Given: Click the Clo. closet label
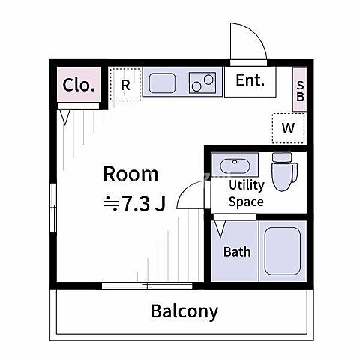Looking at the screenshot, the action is click(79, 85).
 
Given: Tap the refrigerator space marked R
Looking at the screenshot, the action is click(125, 85).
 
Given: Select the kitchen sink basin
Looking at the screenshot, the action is click(162, 82).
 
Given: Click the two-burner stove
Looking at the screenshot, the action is click(202, 82).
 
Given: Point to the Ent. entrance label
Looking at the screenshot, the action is click(250, 80).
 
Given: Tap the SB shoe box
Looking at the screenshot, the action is click(300, 89).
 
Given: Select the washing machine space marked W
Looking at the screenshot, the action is click(289, 128).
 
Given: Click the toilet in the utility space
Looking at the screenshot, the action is click(284, 172).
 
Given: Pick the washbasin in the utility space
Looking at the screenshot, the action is click(235, 166).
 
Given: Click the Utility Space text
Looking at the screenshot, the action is click(247, 193).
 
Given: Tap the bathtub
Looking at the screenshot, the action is click(283, 251).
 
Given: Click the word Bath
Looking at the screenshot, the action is click(237, 251).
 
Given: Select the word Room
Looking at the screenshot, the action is click(130, 174).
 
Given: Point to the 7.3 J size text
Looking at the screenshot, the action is click(135, 204).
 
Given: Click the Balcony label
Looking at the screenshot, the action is click(184, 311).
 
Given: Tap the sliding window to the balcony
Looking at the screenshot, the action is click(147, 286).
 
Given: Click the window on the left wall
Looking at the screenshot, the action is click(53, 208).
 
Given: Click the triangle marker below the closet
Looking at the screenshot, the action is click(65, 116).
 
